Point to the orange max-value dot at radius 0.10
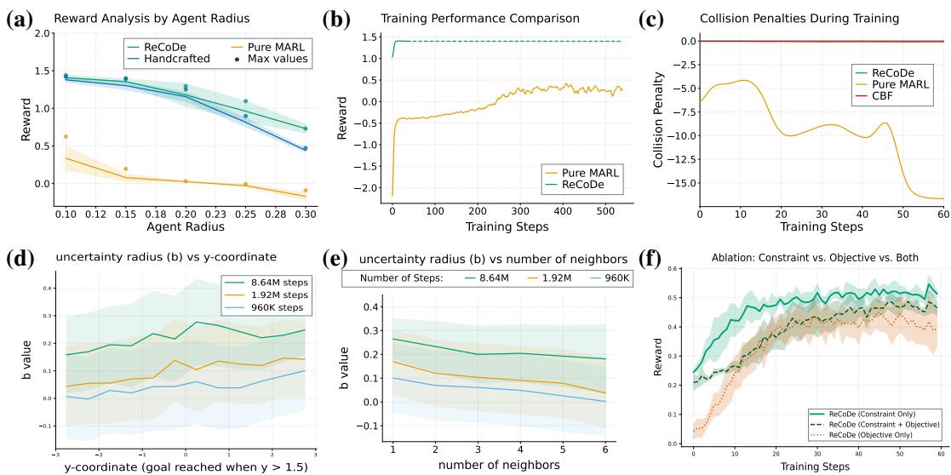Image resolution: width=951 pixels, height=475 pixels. pyautogui.click(x=66, y=136)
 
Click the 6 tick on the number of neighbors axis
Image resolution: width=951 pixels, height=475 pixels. pyautogui.click(x=604, y=448)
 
